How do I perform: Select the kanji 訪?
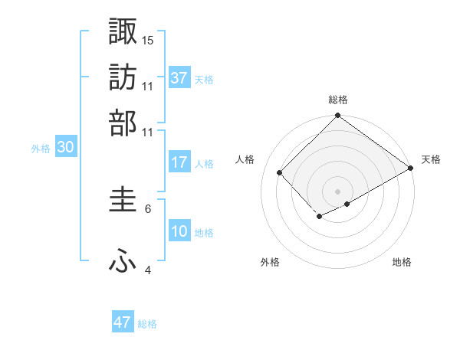tap(123, 77)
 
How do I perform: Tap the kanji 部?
tap(123, 123)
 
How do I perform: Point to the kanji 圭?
tap(123, 201)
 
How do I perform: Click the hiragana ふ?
tap(123, 261)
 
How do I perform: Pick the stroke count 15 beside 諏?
tap(149, 39)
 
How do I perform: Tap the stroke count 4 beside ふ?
tap(149, 270)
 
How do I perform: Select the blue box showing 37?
tap(179, 77)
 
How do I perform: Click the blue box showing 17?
tap(179, 162)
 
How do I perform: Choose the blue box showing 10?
tap(179, 231)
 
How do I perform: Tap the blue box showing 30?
tap(65, 148)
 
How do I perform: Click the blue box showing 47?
tap(123, 322)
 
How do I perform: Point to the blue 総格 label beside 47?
tap(147, 324)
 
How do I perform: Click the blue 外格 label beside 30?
tap(41, 149)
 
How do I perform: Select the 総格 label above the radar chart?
tap(337, 100)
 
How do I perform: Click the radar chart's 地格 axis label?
tap(402, 262)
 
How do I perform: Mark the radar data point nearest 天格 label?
tap(411, 168)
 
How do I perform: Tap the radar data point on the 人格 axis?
tap(280, 172)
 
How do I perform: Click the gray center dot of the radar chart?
tap(337, 191)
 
